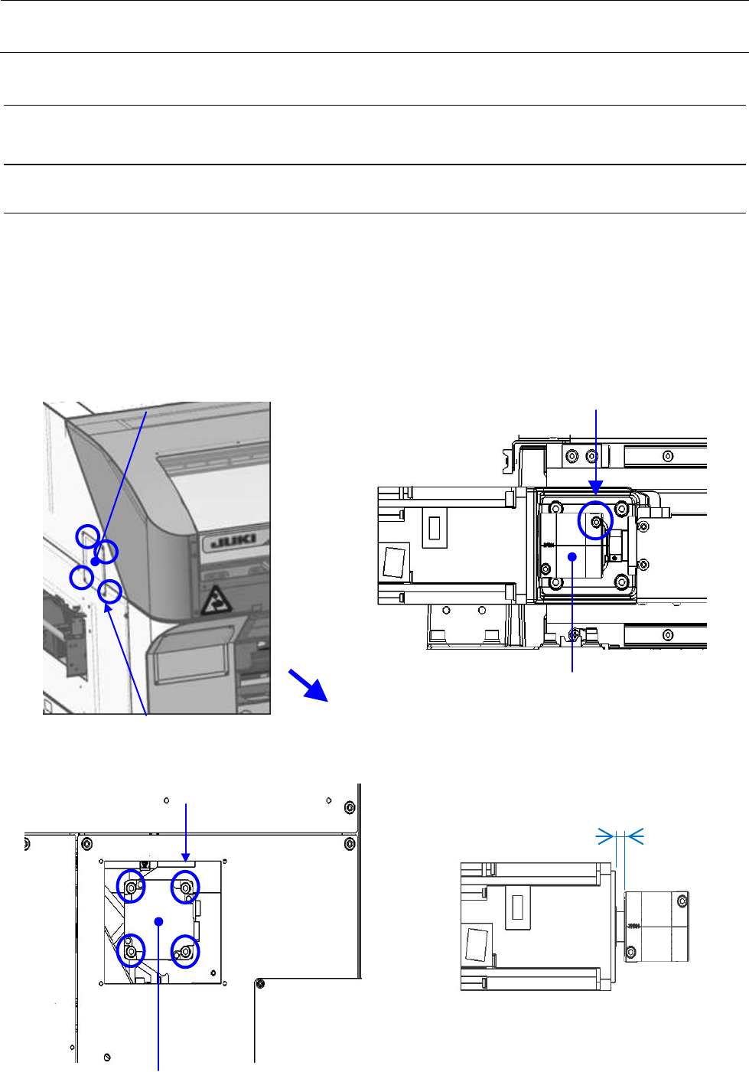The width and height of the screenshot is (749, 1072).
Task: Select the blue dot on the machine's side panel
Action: pos(95,562)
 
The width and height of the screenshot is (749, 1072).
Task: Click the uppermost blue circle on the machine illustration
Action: pos(88,536)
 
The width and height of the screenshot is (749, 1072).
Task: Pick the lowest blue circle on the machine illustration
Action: pos(110,591)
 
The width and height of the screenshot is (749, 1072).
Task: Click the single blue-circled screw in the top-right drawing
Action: pos(595,521)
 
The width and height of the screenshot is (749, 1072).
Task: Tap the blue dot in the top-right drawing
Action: pos(572,557)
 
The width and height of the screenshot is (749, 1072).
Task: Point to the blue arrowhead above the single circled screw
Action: pos(596,487)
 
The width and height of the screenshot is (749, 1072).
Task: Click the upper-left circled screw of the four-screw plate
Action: pos(131,887)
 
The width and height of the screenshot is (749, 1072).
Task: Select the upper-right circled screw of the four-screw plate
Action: pos(185,887)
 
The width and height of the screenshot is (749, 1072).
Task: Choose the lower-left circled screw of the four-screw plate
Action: pos(131,951)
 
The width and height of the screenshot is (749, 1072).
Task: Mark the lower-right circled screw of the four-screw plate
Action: pos(185,951)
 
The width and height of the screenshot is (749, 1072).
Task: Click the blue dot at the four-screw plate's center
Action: pos(158,921)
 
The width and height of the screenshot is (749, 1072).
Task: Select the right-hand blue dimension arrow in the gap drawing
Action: pos(635,837)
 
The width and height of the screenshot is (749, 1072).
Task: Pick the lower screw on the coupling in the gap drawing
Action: pos(630,952)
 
